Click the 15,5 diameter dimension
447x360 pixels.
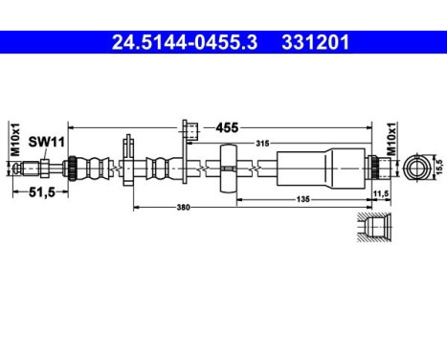pyautogui.click(x=437, y=166)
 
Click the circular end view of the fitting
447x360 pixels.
pyautogui.click(x=417, y=167)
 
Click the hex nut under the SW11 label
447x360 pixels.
pyautogui.click(x=42, y=169)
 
